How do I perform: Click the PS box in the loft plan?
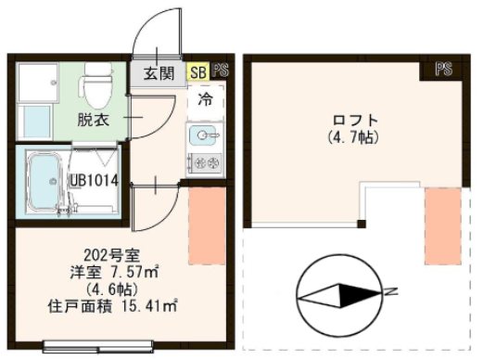445,69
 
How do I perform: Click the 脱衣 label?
93,120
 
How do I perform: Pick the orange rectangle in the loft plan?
439,224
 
